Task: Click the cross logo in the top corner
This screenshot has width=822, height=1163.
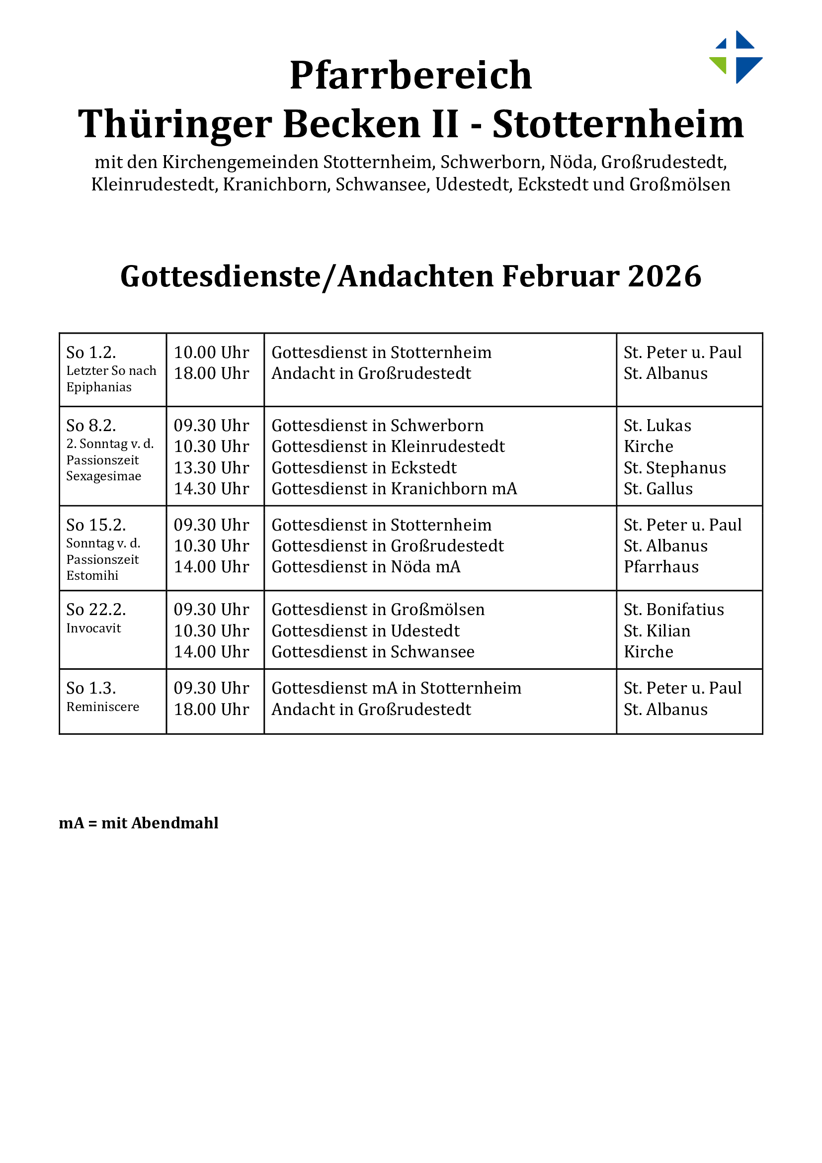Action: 737,57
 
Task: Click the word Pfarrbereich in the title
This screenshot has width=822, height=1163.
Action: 411,76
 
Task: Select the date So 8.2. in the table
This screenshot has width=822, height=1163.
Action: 91,425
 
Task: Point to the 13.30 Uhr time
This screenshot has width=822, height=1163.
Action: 212,467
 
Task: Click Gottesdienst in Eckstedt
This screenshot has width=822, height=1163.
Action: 364,467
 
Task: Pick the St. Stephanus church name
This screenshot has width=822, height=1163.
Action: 674,467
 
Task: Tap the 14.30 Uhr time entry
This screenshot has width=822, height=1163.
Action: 212,488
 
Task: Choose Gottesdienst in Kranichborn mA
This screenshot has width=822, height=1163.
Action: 394,488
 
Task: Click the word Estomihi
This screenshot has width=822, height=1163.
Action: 92,575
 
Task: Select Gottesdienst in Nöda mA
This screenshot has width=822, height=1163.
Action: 366,566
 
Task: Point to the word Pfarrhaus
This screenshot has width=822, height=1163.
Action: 661,566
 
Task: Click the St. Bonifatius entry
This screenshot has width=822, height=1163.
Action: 674,609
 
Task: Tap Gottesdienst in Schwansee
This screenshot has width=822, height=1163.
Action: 373,651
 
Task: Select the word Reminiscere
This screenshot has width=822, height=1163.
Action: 103,707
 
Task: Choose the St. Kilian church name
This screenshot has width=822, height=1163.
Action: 657,630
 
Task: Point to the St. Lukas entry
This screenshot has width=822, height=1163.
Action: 657,425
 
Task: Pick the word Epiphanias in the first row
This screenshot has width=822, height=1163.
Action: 99,387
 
